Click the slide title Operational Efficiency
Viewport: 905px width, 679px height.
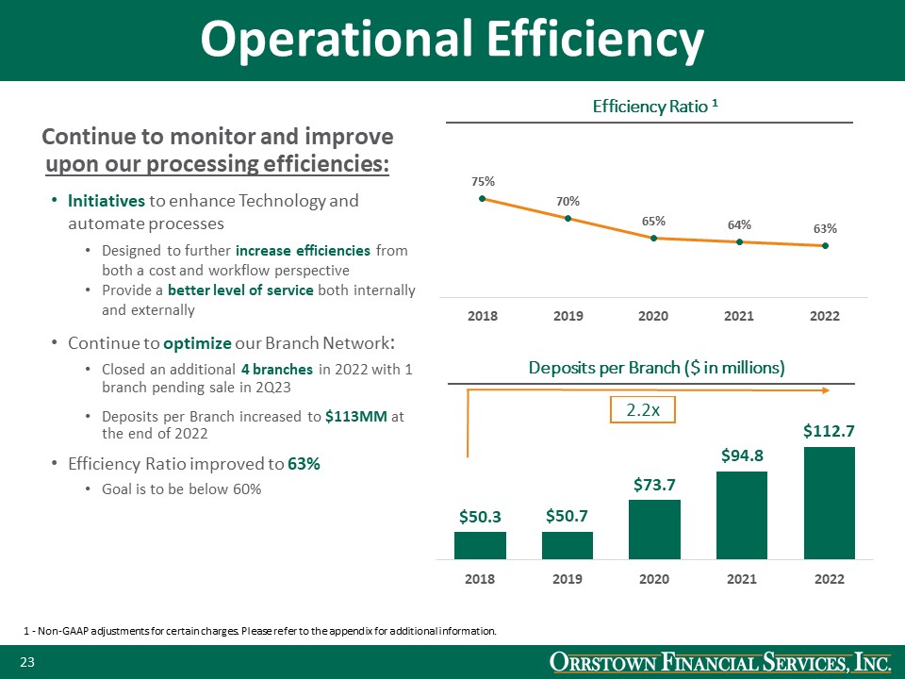[452, 40]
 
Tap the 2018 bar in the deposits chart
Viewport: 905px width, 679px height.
[480, 545]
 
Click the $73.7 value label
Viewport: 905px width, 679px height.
[654, 485]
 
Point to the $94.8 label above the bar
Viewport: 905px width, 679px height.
[742, 455]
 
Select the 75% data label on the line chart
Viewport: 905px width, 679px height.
[483, 180]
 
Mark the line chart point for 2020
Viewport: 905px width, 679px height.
[653, 238]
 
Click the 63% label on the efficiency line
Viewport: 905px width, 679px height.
[825, 228]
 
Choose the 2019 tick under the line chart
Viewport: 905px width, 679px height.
[568, 316]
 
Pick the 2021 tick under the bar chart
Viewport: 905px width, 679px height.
[741, 579]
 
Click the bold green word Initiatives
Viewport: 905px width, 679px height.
[106, 201]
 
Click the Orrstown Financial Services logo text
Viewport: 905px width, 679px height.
[720, 664]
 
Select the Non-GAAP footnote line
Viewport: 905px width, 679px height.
[259, 630]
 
